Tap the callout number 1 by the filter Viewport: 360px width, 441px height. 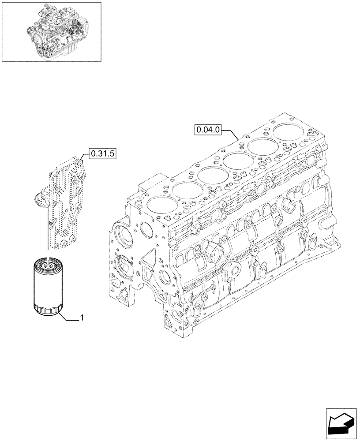pos(83,318)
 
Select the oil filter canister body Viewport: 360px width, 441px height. pos(49,287)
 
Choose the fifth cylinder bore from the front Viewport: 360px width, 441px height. pos(263,146)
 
